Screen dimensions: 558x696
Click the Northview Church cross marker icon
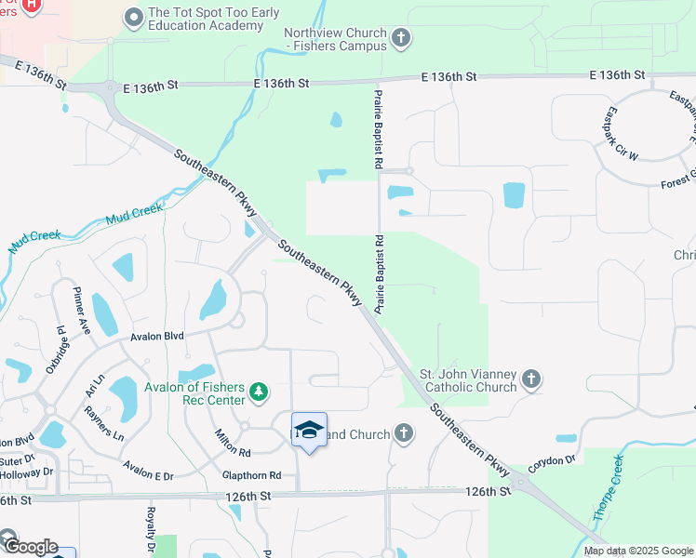tap(401, 38)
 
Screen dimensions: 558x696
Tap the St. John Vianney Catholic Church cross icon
tap(530, 379)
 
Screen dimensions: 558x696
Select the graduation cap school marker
tap(309, 430)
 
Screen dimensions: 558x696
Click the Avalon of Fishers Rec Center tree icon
tap(260, 394)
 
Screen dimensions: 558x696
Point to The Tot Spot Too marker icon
tap(134, 18)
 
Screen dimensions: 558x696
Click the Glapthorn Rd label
tap(251, 475)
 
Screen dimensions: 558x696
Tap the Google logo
tap(30, 547)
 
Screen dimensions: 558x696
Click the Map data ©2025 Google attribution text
tap(638, 551)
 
